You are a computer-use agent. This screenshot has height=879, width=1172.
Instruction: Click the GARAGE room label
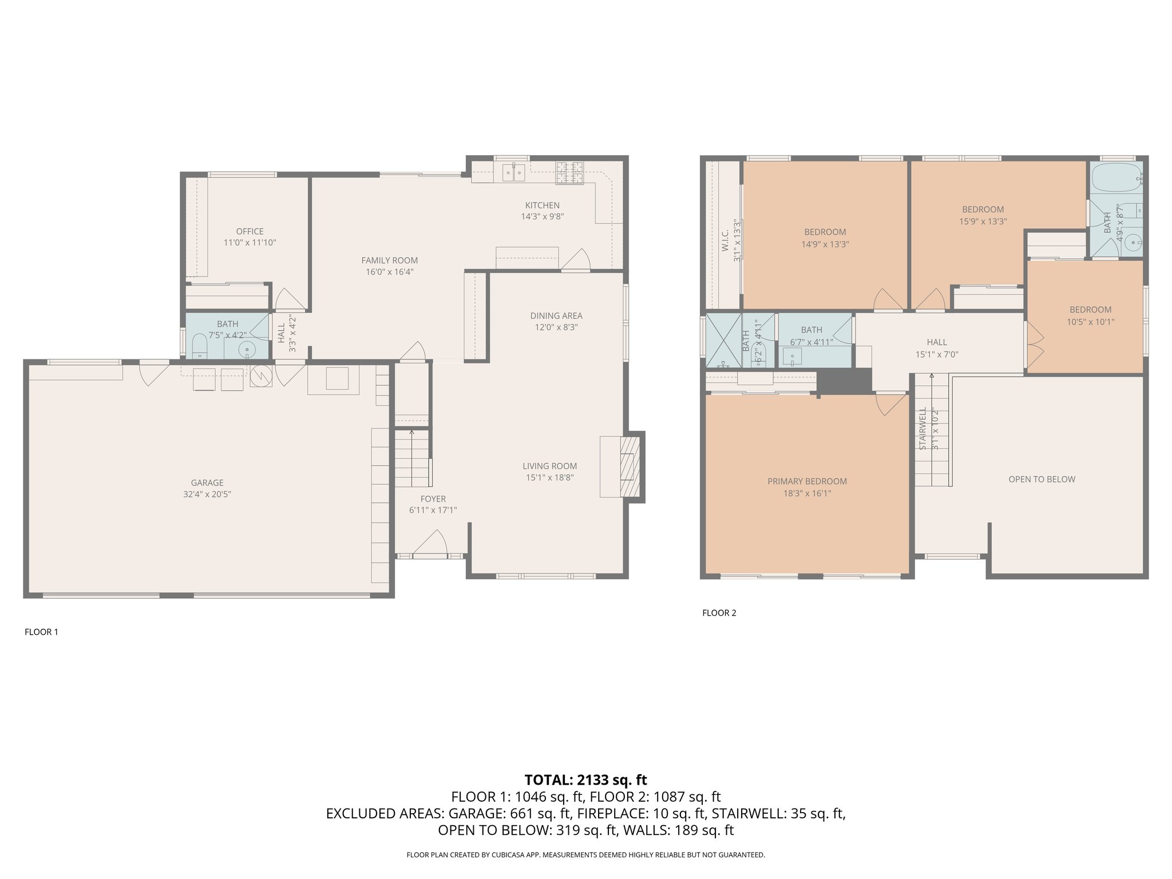(x=207, y=482)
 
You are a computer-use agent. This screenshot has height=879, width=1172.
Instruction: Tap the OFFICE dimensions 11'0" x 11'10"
(x=250, y=243)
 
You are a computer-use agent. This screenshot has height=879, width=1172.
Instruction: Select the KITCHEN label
(x=543, y=205)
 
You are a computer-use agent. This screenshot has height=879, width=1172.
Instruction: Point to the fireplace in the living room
(x=629, y=466)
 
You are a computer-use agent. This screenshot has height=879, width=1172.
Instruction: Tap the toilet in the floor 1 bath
(x=199, y=345)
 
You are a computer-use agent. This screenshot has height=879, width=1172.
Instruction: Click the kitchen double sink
(x=513, y=172)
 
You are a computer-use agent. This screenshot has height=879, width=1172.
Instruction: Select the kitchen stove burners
(x=569, y=172)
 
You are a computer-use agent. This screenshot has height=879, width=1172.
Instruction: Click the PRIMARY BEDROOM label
(x=807, y=481)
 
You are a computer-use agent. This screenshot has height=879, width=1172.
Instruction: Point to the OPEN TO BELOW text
(x=1042, y=479)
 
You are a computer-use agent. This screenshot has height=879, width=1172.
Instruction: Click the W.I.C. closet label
(x=725, y=240)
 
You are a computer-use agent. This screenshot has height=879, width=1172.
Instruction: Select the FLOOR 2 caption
(x=719, y=613)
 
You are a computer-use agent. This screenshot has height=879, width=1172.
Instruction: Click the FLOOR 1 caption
(x=41, y=632)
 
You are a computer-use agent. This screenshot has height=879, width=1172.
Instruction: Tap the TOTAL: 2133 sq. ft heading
(x=585, y=780)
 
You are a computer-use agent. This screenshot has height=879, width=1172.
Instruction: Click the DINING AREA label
(x=556, y=315)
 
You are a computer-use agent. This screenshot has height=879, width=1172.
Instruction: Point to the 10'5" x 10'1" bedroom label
(x=1090, y=322)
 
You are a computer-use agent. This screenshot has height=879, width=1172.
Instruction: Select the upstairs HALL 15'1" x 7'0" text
(x=937, y=348)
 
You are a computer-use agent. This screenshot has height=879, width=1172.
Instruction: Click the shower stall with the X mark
(x=723, y=340)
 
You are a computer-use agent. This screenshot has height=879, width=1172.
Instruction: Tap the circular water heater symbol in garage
(x=261, y=375)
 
